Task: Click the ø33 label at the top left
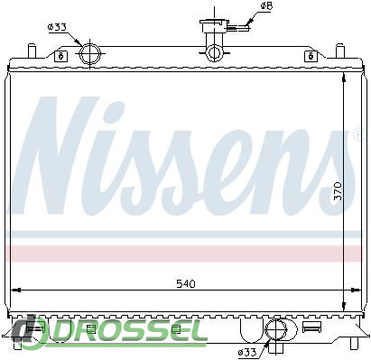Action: click(57, 27)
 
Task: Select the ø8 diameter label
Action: click(266, 6)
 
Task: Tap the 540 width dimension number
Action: click(186, 283)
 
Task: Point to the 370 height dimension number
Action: click(339, 190)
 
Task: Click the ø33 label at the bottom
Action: click(246, 352)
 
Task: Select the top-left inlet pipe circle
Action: click(90, 53)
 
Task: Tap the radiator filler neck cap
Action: click(215, 24)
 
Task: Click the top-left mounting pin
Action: click(32, 51)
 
